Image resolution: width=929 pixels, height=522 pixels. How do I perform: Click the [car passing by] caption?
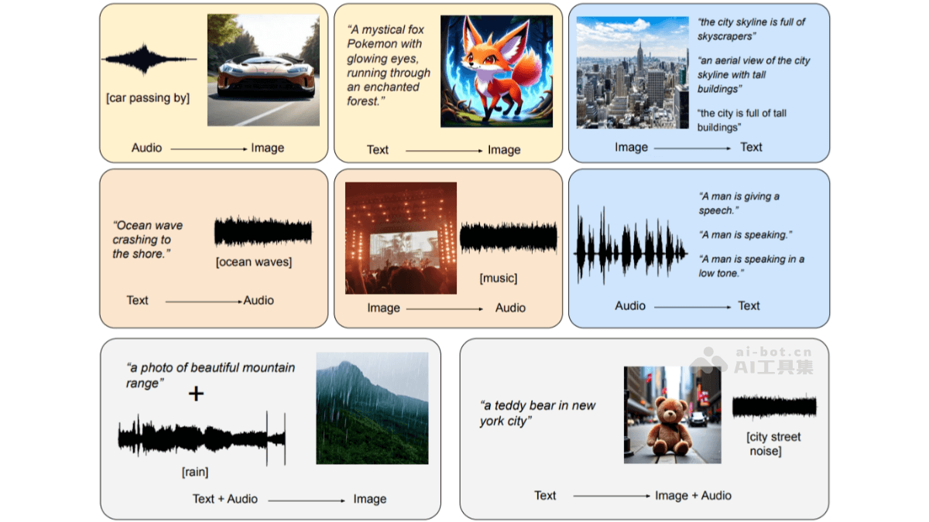[x=148, y=98]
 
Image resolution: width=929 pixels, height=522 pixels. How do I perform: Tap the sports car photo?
[x=263, y=70]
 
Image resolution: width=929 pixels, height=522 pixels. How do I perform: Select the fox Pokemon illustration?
[x=496, y=71]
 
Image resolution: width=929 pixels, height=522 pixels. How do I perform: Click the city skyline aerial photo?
[x=632, y=73]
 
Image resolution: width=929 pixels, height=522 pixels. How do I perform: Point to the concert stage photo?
[x=401, y=238]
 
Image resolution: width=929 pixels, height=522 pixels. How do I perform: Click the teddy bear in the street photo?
[x=672, y=415]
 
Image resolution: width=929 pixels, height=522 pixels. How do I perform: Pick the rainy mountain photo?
[x=372, y=408]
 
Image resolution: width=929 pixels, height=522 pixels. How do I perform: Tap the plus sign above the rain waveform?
[x=196, y=394]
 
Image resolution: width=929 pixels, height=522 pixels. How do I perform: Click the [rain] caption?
[x=195, y=472]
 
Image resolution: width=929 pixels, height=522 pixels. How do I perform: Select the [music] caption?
[x=499, y=278]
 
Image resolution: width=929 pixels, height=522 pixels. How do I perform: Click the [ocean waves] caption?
[x=254, y=262]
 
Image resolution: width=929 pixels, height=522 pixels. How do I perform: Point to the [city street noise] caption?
[x=773, y=444]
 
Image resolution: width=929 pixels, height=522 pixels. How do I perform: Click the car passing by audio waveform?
[x=149, y=60]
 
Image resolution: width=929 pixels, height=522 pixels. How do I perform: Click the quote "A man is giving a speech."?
[x=739, y=203]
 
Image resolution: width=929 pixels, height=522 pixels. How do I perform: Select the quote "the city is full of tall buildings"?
[x=742, y=120]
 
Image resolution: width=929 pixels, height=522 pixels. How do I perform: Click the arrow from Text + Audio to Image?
[x=307, y=501]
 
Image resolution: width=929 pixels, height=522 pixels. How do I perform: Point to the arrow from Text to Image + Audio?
[x=612, y=496]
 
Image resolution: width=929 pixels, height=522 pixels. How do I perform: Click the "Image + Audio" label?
[x=693, y=496]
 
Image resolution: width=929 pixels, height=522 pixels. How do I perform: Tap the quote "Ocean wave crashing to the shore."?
[x=148, y=240]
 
